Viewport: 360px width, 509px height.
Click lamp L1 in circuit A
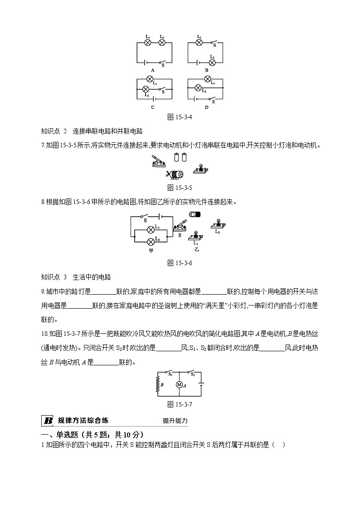(x=147, y=43)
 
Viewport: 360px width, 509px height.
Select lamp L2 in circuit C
(x=146, y=89)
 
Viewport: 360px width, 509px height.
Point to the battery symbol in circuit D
(x=196, y=98)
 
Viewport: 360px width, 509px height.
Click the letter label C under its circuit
(x=153, y=107)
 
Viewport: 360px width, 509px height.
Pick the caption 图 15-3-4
(x=180, y=117)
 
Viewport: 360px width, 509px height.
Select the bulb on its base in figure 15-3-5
(x=200, y=169)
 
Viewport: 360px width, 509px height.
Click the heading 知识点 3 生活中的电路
(x=76, y=277)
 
